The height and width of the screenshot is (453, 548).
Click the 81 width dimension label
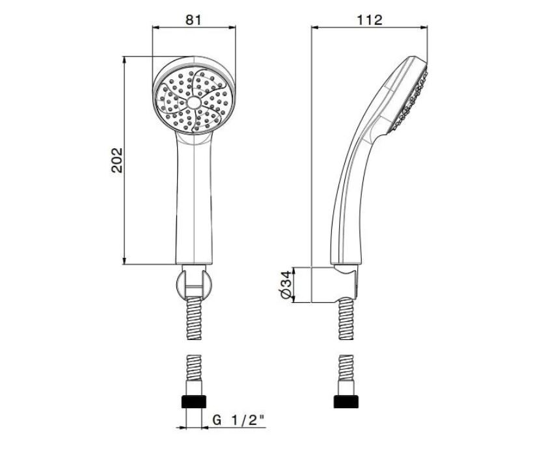[x=193, y=19]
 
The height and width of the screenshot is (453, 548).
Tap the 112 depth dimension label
[x=370, y=19]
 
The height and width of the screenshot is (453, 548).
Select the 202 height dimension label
[x=117, y=160]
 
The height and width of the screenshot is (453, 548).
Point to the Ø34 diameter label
[x=286, y=285]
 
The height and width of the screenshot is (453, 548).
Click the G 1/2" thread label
[x=238, y=421]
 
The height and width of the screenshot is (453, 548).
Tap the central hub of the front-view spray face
[x=194, y=102]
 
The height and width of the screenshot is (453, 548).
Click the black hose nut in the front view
[x=194, y=402]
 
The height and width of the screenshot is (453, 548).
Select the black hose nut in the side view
[x=346, y=402]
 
